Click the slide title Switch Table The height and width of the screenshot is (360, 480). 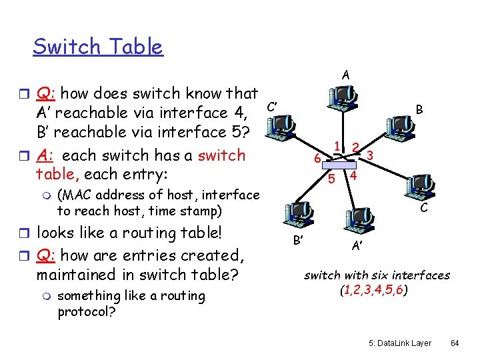97,47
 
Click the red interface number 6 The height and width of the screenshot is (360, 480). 317,159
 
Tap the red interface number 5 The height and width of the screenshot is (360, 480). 331,179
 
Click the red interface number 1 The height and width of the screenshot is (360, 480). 339,146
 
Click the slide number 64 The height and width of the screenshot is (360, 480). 455,343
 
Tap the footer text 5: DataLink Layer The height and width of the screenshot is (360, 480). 400,343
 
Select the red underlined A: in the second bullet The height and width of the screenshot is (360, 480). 47,155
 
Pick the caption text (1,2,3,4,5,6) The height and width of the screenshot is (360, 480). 377,291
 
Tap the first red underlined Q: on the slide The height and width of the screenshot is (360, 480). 46,93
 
